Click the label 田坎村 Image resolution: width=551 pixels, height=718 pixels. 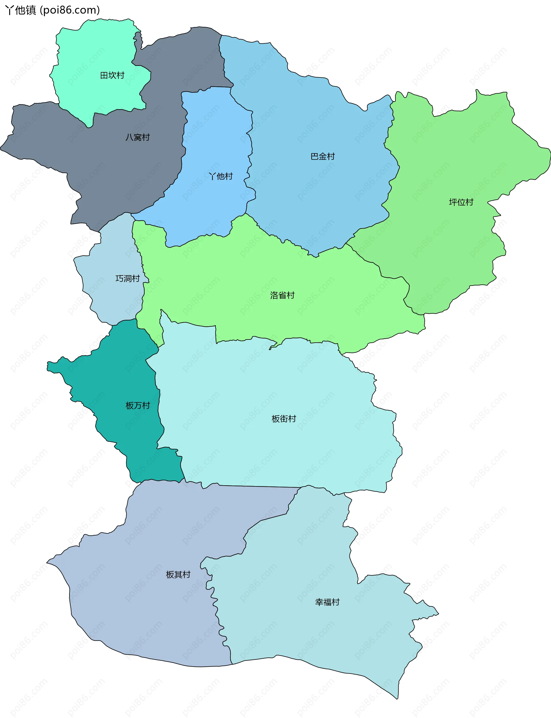112,75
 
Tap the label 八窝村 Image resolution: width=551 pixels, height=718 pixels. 137,137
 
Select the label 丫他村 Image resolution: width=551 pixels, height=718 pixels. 221,176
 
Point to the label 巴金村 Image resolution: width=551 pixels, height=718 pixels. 323,156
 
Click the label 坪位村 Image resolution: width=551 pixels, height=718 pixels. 461,202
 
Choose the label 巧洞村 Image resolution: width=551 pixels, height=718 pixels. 128,278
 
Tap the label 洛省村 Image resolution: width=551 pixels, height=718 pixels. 282,295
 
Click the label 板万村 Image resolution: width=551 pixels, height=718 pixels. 138,405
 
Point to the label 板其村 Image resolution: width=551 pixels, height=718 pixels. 178,574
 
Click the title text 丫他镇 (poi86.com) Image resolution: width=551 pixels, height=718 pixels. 53,10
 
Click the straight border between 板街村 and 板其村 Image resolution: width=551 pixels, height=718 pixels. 259,486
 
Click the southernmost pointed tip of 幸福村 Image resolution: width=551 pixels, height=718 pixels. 397,699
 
